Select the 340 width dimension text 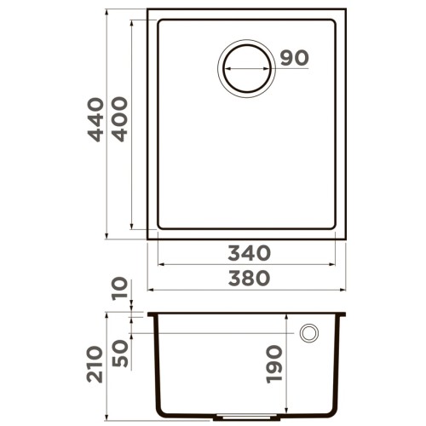pyautogui.click(x=249, y=253)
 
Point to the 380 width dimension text pyautogui.click(x=249, y=279)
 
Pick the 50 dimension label pyautogui.click(x=120, y=352)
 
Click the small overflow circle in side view pyautogui.click(x=309, y=331)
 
